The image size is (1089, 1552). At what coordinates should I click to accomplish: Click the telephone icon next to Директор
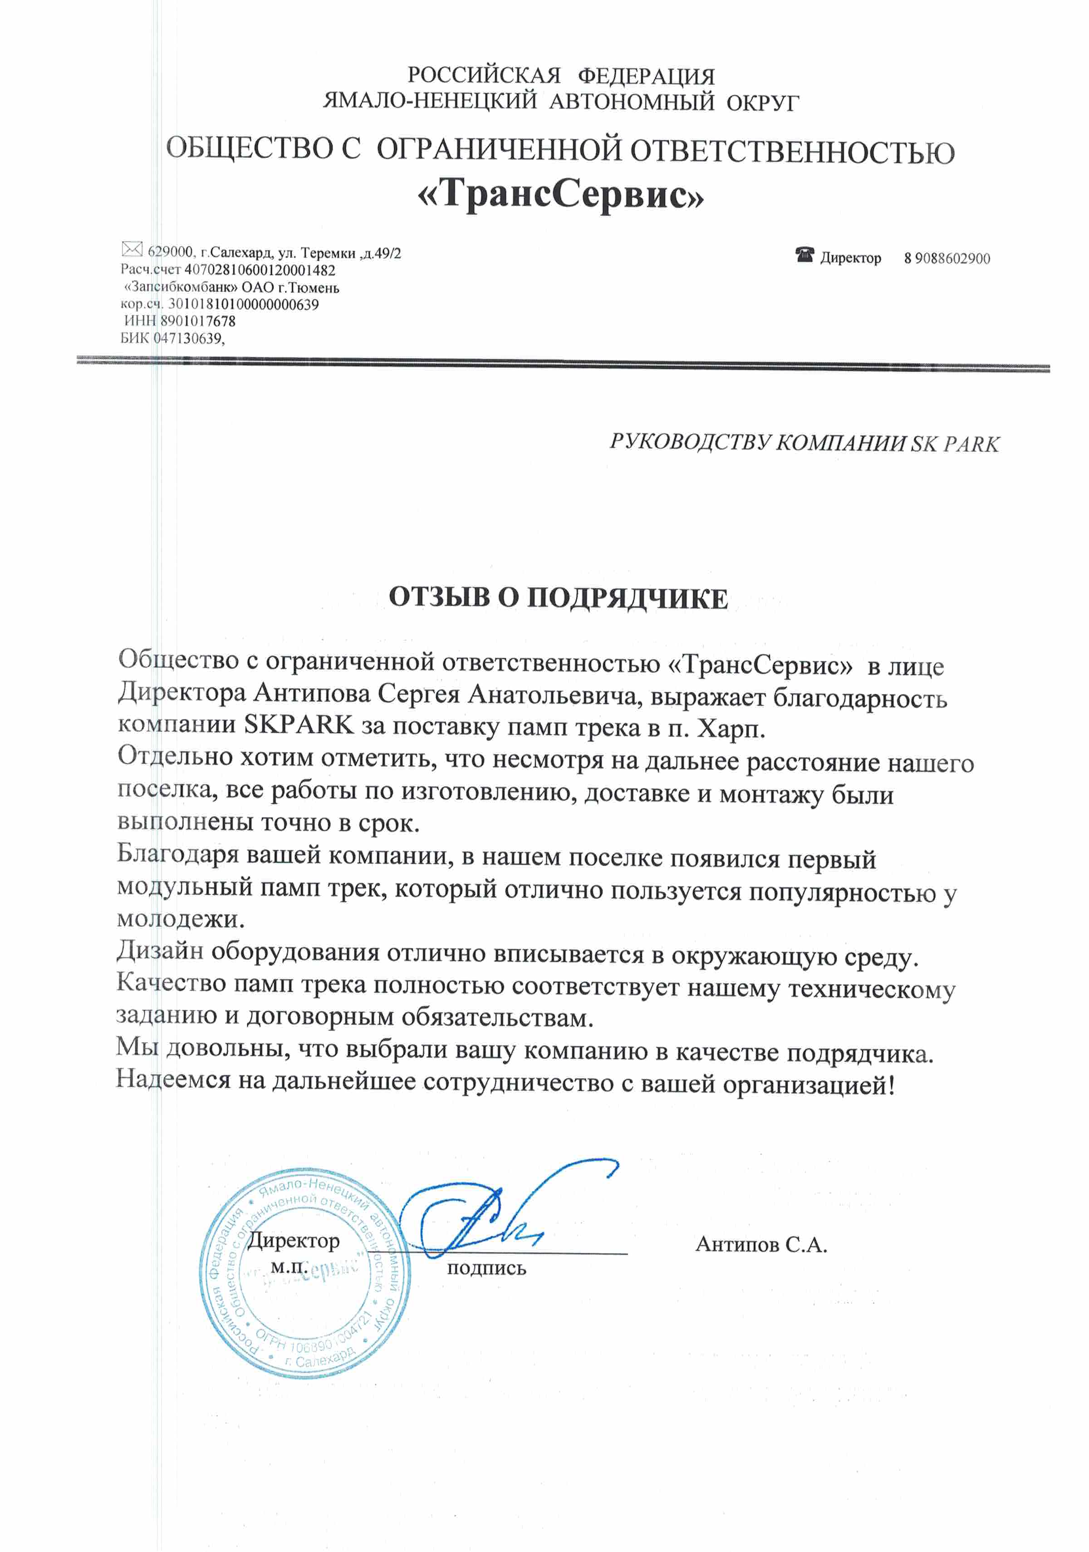[x=804, y=256]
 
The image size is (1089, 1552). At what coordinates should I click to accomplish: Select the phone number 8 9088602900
[x=947, y=258]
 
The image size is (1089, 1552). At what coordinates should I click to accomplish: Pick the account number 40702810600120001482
[x=260, y=270]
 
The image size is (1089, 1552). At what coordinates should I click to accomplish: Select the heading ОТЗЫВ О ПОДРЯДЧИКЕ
[x=558, y=598]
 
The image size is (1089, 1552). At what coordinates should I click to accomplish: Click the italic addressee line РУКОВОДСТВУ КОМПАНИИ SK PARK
[x=804, y=443]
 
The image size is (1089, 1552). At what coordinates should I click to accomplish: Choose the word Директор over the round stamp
[x=293, y=1241]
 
